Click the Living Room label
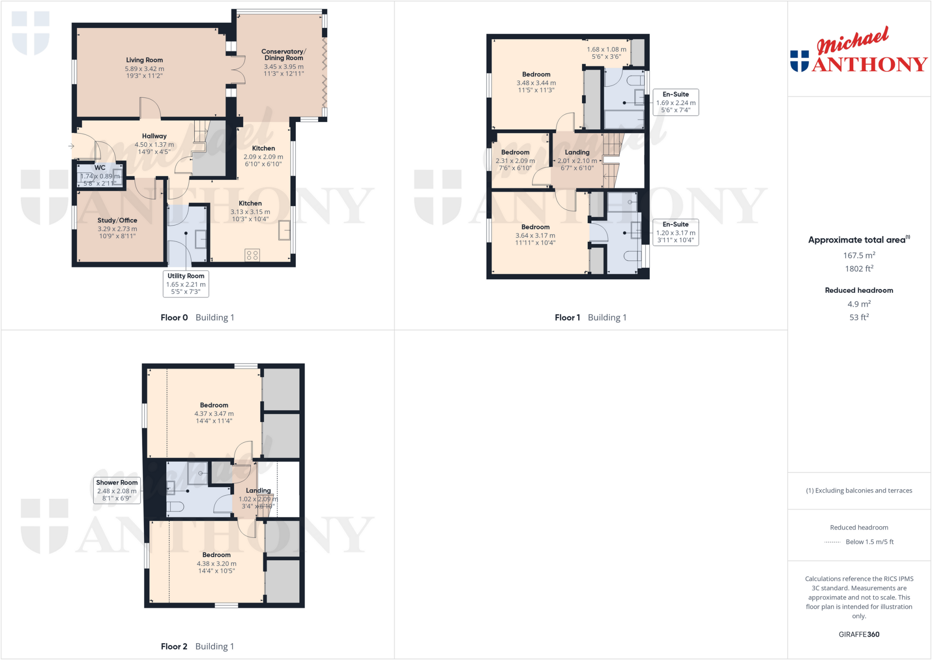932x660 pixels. tap(144, 60)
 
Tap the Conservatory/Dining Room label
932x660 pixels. tap(284, 55)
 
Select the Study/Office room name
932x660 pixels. tap(117, 220)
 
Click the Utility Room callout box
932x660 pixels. tap(186, 283)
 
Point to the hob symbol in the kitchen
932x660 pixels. tap(252, 255)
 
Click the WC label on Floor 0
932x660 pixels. tap(100, 168)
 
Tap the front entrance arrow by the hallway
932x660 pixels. tap(71, 146)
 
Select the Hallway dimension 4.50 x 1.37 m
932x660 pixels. tap(154, 144)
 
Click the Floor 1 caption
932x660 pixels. tap(567, 317)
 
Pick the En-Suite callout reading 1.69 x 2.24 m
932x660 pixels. tap(675, 102)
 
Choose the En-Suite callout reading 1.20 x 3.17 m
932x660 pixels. tap(675, 232)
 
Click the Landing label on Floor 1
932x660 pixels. tap(577, 152)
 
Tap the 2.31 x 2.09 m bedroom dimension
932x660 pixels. tap(515, 161)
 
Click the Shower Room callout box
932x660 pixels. tap(116, 490)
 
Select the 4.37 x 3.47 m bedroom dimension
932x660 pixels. tap(214, 414)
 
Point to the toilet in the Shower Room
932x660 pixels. tap(175, 507)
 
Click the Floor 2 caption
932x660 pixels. tap(174, 646)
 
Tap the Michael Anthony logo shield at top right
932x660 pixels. tap(800, 61)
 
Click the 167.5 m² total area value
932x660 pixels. tap(859, 256)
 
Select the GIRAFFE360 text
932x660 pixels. tap(859, 634)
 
